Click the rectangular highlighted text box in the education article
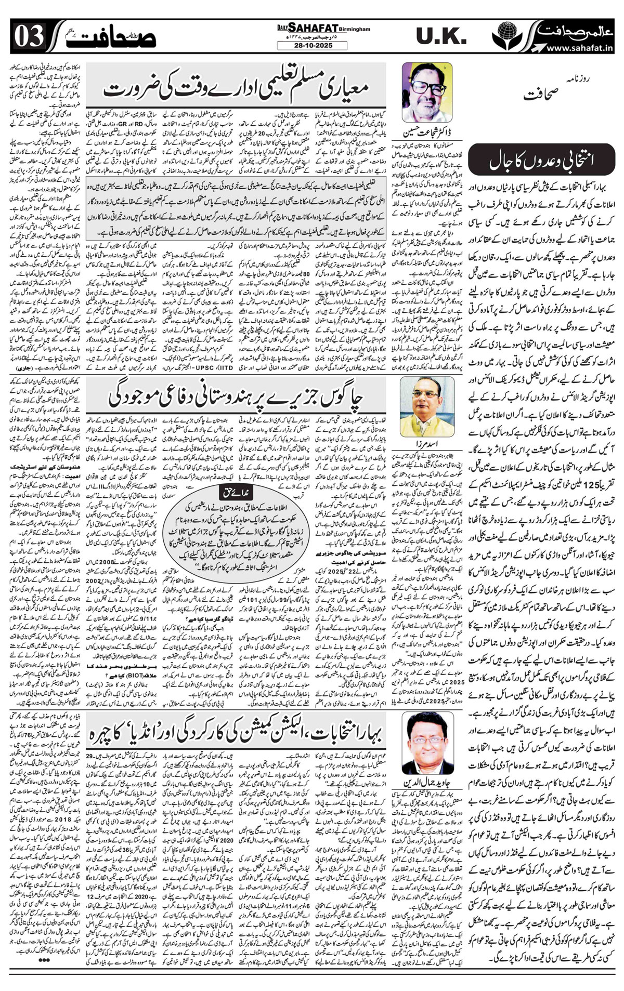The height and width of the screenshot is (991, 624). tap(237, 208)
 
